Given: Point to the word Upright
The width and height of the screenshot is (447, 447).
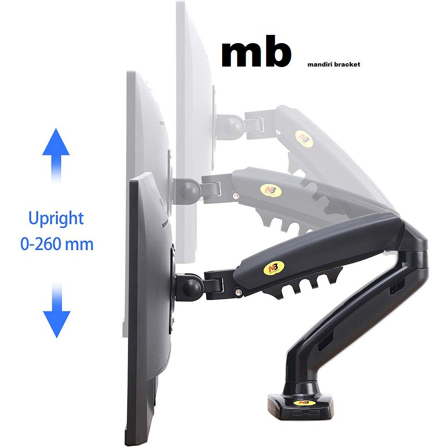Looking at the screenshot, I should [56, 218].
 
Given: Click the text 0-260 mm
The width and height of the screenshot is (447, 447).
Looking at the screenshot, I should [57, 244].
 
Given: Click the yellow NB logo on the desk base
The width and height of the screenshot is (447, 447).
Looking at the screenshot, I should [302, 403].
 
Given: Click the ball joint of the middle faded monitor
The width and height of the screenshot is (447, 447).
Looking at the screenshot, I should [189, 190].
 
